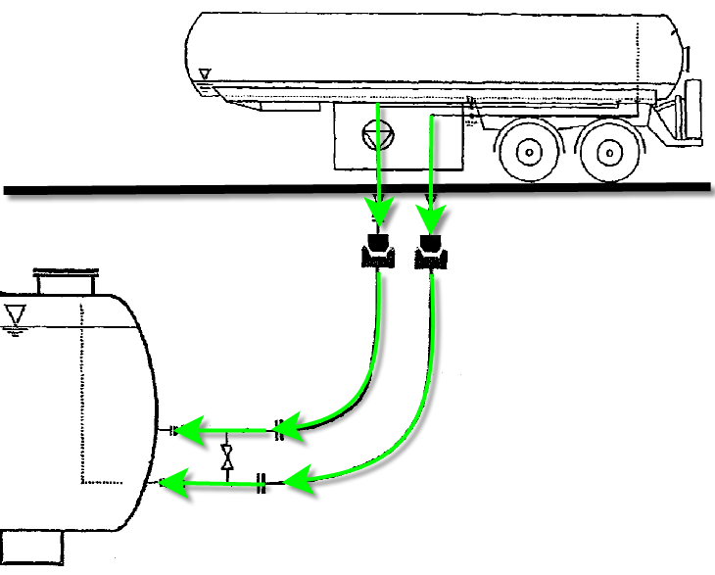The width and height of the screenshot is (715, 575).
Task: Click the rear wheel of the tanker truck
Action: coord(608,152)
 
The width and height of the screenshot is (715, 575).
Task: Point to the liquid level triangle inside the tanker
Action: coord(205,74)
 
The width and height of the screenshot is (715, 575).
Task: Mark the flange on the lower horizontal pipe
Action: coord(262,482)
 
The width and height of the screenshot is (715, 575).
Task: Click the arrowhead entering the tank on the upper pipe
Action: coord(187,429)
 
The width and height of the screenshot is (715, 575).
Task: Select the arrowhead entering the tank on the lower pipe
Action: coord(173,482)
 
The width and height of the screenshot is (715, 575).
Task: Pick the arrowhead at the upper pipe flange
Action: coord(297,425)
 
